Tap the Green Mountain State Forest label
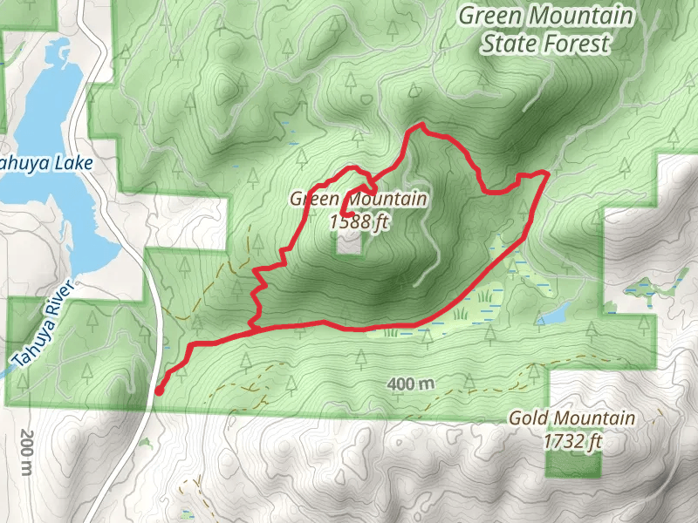click(545, 29)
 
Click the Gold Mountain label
click(572, 419)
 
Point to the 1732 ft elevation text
click(572, 442)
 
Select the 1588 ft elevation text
click(359, 221)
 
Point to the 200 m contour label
click(27, 453)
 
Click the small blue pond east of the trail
click(555, 313)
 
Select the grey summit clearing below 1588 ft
click(349, 243)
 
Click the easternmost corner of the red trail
click(546, 173)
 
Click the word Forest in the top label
click(578, 44)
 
